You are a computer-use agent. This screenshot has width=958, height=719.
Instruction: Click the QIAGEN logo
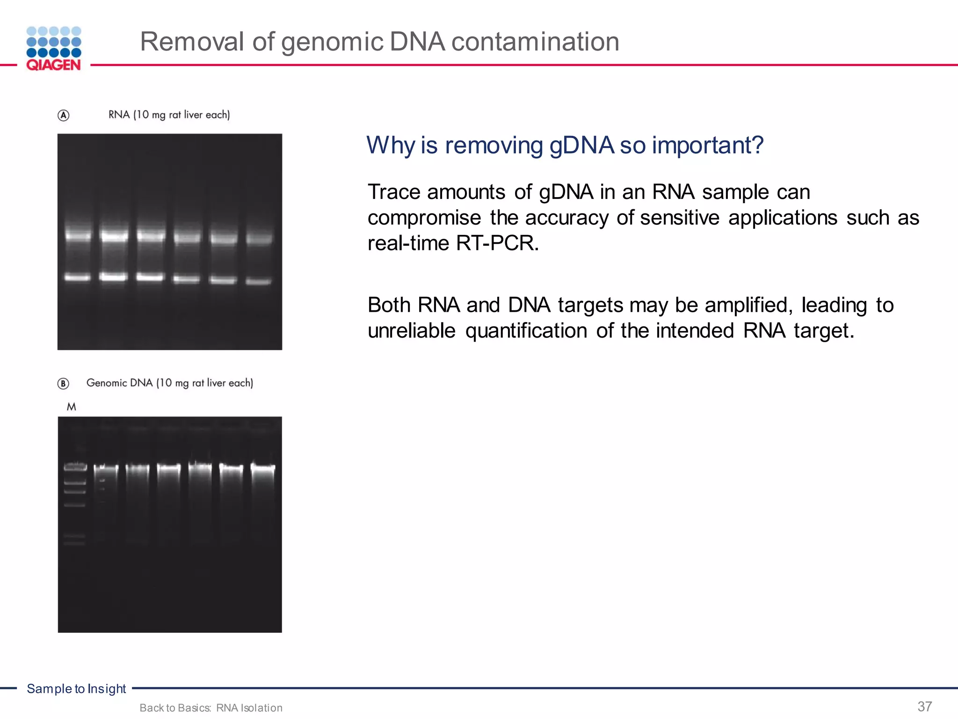point(54,49)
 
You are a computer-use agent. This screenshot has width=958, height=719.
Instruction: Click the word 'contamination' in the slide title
point(535,42)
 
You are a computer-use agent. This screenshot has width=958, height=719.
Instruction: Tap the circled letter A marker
point(64,115)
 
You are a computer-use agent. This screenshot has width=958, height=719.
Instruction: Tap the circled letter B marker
point(63,384)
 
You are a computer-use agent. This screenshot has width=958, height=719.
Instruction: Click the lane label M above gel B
point(71,407)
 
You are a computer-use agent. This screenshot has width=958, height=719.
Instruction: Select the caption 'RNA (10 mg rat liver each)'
point(169,115)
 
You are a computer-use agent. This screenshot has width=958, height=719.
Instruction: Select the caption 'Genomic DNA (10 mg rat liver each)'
point(170,383)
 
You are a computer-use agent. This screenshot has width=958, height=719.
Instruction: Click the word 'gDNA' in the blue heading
point(581,145)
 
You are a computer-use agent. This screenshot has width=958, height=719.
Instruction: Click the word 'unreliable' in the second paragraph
point(411,331)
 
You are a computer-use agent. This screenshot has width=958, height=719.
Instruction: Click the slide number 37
point(924,706)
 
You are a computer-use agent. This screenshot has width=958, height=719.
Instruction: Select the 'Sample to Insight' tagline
point(76,689)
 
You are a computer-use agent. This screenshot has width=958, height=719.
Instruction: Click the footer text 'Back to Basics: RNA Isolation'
point(211,708)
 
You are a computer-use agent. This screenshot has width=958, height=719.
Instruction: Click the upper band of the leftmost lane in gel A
point(78,236)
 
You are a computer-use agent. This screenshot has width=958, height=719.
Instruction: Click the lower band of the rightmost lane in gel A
point(258,281)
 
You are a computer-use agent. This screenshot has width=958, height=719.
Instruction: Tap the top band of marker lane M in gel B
point(75,466)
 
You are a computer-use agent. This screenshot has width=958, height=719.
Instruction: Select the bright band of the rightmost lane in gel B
point(263,467)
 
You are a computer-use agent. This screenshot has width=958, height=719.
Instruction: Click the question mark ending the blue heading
point(756,145)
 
